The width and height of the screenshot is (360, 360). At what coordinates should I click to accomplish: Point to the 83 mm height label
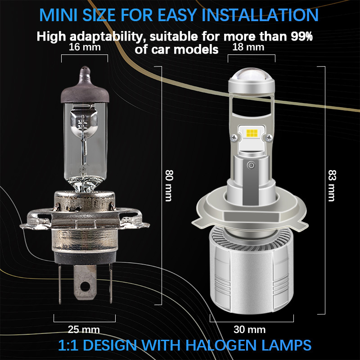point(332,185)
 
